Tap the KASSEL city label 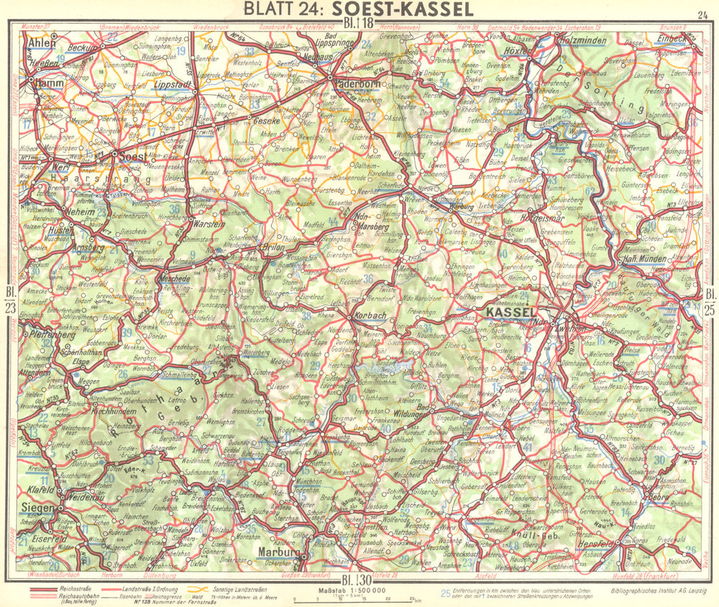pyautogui.click(x=511, y=313)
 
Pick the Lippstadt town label pyautogui.click(x=170, y=84)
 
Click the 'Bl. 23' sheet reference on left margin pyautogui.click(x=10, y=301)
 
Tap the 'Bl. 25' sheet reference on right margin pyautogui.click(x=710, y=301)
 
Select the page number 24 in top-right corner pyautogui.click(x=702, y=14)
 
